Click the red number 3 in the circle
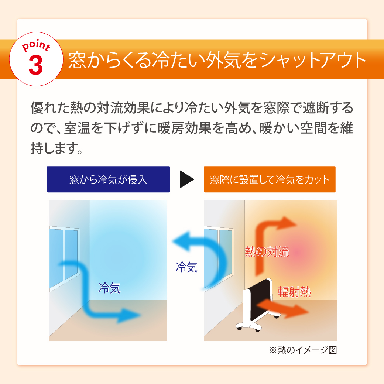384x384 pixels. [36, 65]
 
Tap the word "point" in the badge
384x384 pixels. [36, 45]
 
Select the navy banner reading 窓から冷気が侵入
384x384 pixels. [108, 179]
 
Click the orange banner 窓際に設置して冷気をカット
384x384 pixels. [270, 179]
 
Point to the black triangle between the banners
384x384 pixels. [186, 179]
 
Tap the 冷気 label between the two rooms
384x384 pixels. [186, 267]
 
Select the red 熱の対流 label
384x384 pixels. [267, 251]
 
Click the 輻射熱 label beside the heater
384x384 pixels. [294, 292]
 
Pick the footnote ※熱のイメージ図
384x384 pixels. [303, 350]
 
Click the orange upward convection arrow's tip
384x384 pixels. [296, 224]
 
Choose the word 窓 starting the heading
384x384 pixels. [77, 60]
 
